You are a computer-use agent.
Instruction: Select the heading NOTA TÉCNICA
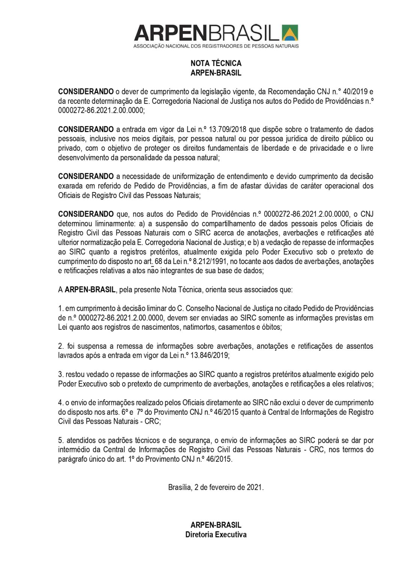(x=216, y=63)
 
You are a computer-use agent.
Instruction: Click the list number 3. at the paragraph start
(x=61, y=374)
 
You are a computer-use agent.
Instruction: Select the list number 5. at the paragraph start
(x=61, y=440)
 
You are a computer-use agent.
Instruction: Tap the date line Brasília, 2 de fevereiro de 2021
(x=216, y=487)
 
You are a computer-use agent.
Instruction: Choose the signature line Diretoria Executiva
(x=216, y=535)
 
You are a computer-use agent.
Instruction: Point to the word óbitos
(x=271, y=327)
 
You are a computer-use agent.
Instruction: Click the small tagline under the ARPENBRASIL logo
(x=216, y=46)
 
